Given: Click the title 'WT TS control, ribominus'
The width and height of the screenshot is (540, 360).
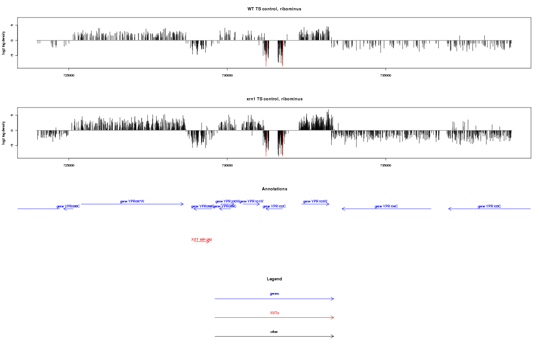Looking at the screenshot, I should click(x=274, y=9).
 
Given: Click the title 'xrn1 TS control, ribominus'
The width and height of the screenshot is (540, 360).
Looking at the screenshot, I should click(x=274, y=99).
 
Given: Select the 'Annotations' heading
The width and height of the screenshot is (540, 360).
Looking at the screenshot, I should click(x=274, y=189).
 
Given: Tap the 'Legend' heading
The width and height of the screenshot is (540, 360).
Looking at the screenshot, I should click(x=274, y=279).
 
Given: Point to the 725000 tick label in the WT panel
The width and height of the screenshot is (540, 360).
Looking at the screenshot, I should click(x=69, y=76).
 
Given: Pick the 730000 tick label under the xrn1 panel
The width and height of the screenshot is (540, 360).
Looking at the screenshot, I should click(x=227, y=166).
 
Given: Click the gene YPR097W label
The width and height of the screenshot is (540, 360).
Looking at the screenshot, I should click(x=132, y=201).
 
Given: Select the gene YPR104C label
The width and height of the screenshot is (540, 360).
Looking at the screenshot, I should click(x=386, y=206).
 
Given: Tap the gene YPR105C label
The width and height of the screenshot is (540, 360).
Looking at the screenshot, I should click(x=489, y=206).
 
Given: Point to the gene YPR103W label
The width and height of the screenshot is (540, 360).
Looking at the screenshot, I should click(x=315, y=201).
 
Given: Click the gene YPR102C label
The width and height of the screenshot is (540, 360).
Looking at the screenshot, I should click(x=274, y=206).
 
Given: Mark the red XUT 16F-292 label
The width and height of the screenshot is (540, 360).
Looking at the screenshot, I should click(x=202, y=239).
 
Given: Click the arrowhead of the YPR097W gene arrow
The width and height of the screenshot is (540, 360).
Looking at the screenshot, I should click(x=182, y=204).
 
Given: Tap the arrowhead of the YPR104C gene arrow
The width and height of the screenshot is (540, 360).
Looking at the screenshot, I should click(x=343, y=209).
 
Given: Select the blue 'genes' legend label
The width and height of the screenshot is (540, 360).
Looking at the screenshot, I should click(x=274, y=293).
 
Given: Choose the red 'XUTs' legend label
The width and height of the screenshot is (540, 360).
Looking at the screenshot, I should click(x=274, y=312).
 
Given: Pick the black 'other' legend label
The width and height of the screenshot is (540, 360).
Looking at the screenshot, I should click(x=274, y=332).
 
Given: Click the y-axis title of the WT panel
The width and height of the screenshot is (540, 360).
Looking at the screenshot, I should click(x=4, y=43).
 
